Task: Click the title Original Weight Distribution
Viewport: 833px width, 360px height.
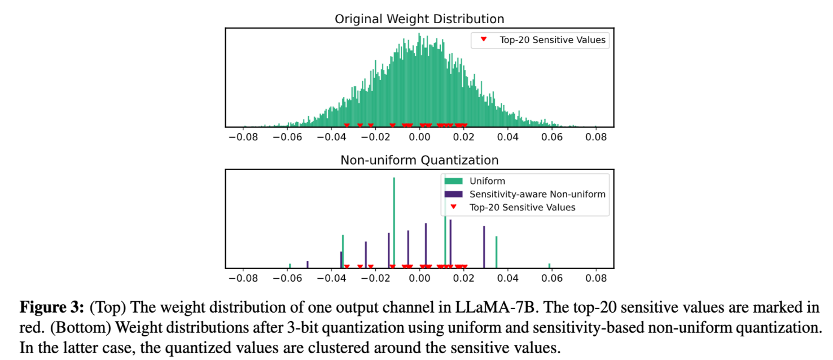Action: (419, 19)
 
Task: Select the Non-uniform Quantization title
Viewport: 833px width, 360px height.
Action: (419, 160)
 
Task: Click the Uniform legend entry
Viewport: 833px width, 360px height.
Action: (487, 181)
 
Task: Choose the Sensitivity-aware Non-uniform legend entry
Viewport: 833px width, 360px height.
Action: (536, 194)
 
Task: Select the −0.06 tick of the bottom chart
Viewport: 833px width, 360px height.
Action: (287, 278)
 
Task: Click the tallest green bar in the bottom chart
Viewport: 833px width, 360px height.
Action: (394, 223)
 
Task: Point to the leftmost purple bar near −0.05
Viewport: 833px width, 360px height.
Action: (308, 264)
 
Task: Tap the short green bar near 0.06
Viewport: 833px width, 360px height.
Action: (549, 265)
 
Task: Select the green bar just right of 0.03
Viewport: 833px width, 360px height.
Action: (496, 252)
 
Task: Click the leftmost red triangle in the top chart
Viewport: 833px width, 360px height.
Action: (347, 125)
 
